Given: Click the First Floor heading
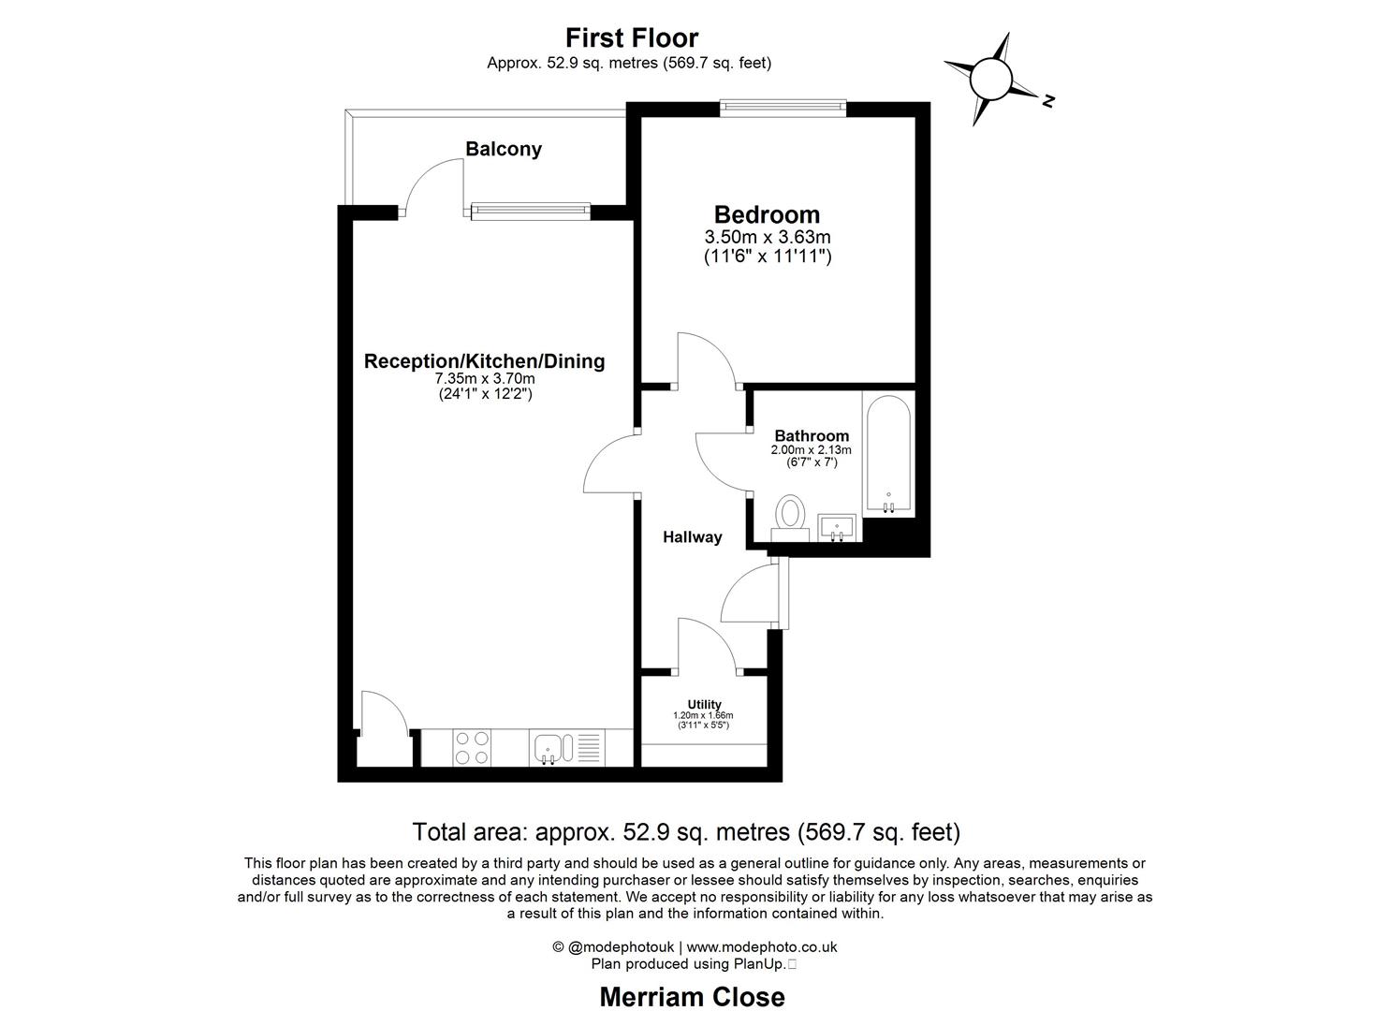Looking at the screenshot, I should coord(632,37).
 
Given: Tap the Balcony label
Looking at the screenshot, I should coord(504,149).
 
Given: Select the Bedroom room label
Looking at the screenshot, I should coord(767,214).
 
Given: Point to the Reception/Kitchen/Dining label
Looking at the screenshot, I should coord(484,360).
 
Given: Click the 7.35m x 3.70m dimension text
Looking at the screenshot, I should coord(485,378).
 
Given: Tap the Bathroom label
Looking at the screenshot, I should coord(812,435).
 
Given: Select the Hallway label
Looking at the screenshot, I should coord(693,536).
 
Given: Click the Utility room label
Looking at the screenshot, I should coord(704,704).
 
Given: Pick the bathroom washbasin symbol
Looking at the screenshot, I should coord(838,528).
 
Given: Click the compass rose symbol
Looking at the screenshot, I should coord(992,79).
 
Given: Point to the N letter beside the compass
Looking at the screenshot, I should coord(1049,100).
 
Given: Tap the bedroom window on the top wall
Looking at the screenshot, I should coord(783,109).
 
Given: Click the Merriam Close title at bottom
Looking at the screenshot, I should coord(692,997).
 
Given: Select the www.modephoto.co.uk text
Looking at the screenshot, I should coord(762,946).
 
